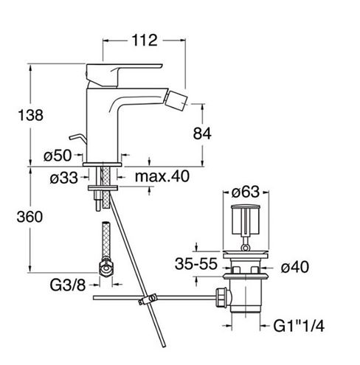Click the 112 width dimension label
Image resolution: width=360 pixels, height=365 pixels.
(145, 41)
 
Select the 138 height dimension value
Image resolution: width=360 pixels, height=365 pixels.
(30, 115)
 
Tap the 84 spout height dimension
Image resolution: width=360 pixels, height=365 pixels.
(202, 133)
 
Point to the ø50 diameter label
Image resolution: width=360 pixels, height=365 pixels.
(58, 156)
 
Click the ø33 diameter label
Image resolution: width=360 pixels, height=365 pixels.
(63, 178)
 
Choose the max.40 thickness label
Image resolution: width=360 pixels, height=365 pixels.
(162, 176)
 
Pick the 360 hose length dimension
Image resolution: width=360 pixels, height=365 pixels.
(30, 217)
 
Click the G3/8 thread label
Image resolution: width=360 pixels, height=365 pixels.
(68, 285)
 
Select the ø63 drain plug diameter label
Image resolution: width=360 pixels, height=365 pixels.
(246, 192)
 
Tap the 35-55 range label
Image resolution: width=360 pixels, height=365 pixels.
(196, 264)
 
